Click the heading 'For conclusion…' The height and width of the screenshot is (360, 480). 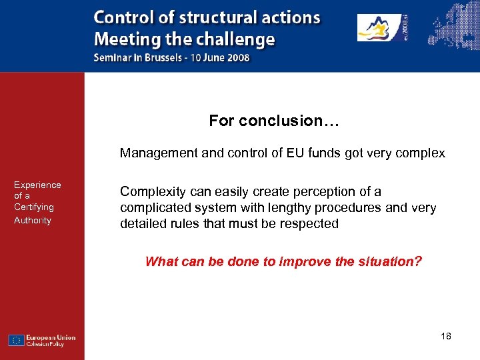click(275, 121)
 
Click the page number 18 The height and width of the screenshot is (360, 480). click(446, 336)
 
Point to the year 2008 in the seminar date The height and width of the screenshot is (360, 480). click(237, 57)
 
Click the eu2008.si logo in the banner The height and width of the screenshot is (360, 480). click(383, 28)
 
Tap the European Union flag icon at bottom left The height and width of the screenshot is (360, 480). click(17, 340)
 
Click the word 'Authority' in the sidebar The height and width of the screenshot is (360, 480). click(33, 220)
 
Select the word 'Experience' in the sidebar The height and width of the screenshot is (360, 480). click(37, 185)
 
